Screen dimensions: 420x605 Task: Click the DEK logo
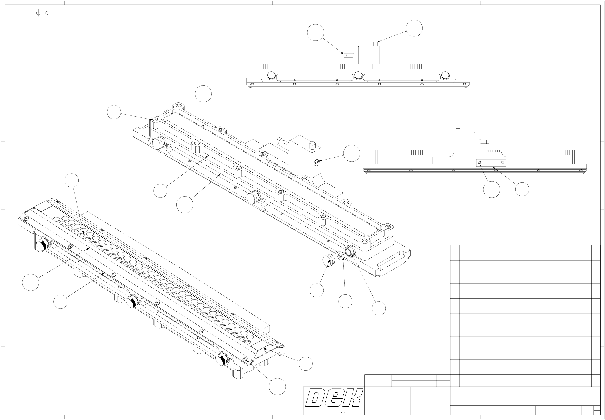334,398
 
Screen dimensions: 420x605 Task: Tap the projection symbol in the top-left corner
43,13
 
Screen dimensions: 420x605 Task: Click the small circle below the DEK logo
343,411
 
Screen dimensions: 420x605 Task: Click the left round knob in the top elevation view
271,75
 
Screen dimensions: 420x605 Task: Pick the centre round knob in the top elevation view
358,75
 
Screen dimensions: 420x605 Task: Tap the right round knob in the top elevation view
445,75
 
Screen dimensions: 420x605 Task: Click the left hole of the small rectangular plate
480,163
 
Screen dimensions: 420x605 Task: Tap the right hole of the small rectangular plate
502,163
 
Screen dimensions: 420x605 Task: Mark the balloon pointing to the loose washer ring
345,301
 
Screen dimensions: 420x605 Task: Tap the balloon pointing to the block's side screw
352,153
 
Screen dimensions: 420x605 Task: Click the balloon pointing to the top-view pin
414,28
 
